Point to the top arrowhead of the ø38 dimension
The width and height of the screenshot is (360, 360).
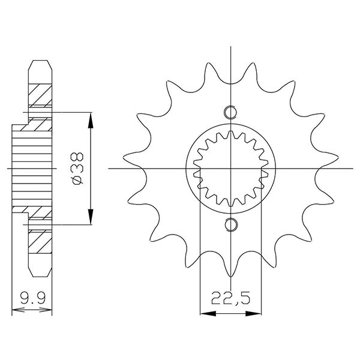[91, 119]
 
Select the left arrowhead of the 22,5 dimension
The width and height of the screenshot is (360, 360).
[205, 312]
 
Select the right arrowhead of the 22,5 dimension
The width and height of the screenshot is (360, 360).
[257, 312]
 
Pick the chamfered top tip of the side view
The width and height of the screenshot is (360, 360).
[40, 62]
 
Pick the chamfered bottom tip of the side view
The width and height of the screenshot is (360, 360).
[40, 275]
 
